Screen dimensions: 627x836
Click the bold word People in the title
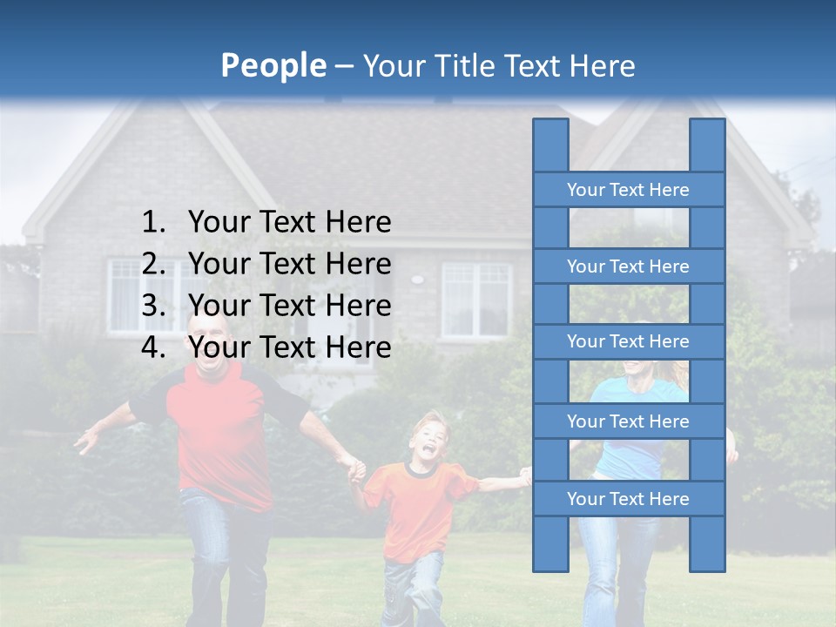pyautogui.click(x=273, y=65)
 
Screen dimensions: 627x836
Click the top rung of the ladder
pyautogui.click(x=628, y=190)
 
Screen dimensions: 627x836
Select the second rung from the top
pyautogui.click(x=628, y=266)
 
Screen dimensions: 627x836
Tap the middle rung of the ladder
pyautogui.click(x=628, y=341)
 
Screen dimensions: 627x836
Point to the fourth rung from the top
pyautogui.click(x=628, y=421)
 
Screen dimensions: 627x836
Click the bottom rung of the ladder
pyautogui.click(x=628, y=499)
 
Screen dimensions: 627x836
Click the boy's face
pyautogui.click(x=427, y=440)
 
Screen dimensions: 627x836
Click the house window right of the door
pyautogui.click(x=476, y=300)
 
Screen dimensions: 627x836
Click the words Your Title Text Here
pyautogui.click(x=498, y=65)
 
